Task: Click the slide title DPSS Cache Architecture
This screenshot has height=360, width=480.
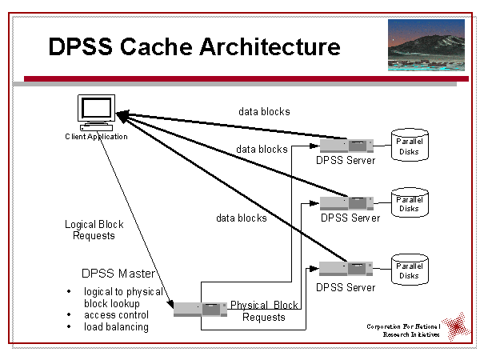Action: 194,46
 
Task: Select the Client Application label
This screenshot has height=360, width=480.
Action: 96,137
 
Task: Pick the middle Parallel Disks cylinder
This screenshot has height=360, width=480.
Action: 409,204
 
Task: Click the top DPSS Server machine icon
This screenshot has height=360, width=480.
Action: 346,146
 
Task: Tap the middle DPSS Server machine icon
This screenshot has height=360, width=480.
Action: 346,203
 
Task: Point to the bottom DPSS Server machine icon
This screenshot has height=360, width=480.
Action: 346,269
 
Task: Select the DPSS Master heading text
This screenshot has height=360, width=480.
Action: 118,274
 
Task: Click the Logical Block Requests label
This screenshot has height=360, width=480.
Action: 94,230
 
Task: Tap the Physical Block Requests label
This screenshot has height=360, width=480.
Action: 264,311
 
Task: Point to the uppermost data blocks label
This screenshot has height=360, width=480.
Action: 264,111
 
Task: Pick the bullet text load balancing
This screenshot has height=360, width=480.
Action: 116,327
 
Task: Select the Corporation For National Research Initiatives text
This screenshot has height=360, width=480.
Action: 404,330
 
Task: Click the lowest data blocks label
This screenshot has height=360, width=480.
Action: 242,218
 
